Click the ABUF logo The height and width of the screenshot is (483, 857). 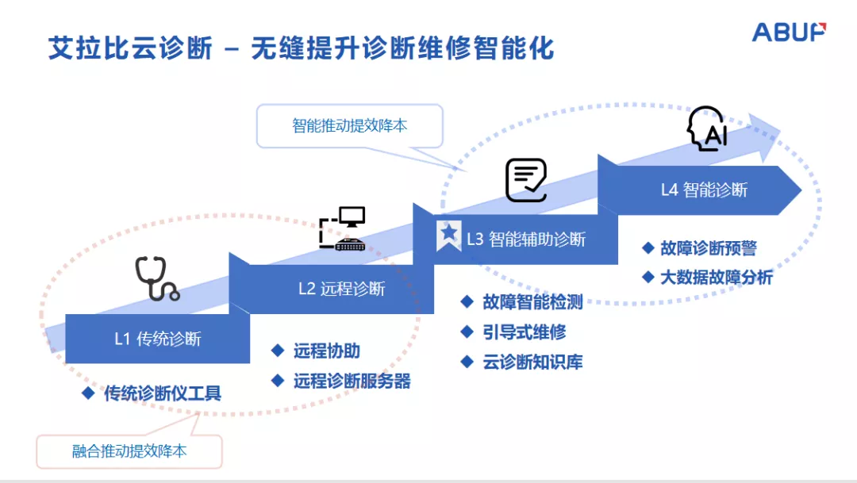[x=789, y=33]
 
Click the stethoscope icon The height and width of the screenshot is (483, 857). [x=156, y=278]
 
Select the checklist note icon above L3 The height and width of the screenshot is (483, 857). [x=526, y=180]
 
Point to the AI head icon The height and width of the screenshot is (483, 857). [x=706, y=128]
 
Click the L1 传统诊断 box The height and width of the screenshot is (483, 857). [x=157, y=339]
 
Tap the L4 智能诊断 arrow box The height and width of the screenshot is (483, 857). [x=704, y=190]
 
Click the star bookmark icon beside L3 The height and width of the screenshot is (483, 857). [x=449, y=234]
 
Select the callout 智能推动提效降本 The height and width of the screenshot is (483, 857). [x=349, y=125]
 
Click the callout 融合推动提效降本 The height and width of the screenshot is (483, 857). [x=129, y=451]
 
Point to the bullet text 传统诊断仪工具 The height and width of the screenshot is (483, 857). [x=163, y=393]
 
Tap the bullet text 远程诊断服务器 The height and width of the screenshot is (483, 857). [x=352, y=381]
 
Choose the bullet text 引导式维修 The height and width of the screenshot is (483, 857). [x=525, y=332]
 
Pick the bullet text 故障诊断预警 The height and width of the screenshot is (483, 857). [x=709, y=248]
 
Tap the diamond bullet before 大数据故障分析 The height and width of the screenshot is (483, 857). [x=648, y=278]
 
